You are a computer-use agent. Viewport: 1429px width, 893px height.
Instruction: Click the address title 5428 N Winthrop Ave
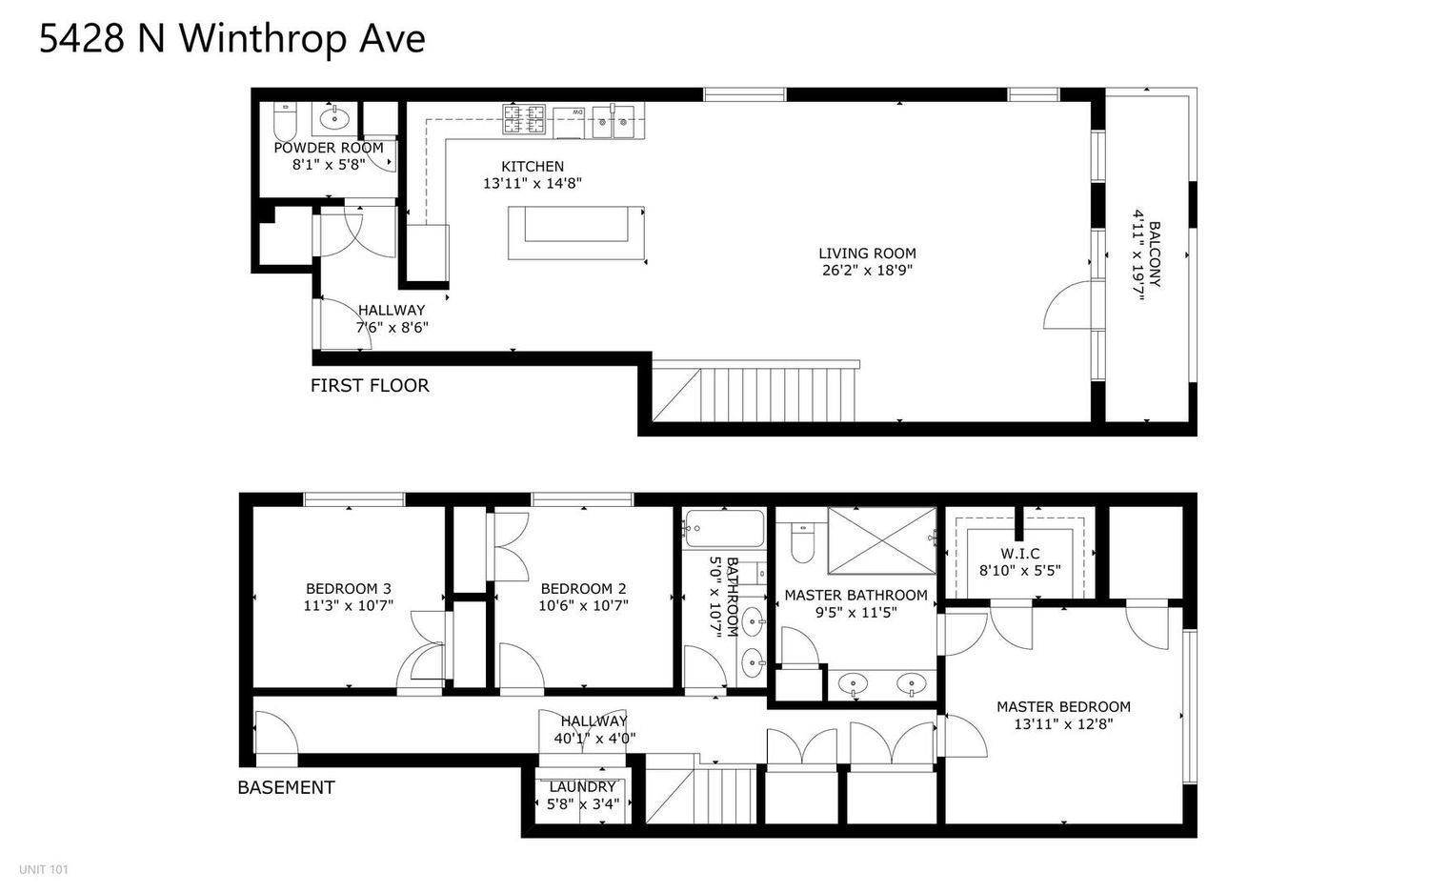tap(231, 39)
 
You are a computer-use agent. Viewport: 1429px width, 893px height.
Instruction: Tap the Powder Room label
tap(329, 148)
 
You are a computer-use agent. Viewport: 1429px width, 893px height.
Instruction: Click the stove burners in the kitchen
tap(525, 119)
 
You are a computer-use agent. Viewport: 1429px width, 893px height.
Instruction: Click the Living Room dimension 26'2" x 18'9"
tap(867, 270)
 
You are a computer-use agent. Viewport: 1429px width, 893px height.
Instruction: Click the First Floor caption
tap(370, 386)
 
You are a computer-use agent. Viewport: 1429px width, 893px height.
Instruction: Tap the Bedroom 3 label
tap(348, 588)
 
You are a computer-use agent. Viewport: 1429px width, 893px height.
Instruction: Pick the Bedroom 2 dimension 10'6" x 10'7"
tap(583, 605)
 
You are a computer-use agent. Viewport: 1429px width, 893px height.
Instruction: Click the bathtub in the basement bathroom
tap(724, 528)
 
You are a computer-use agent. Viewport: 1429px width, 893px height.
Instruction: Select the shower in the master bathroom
tap(881, 540)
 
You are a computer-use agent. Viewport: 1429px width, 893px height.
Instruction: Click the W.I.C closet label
tap(1020, 554)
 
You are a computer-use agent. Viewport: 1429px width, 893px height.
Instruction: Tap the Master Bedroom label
tap(1063, 706)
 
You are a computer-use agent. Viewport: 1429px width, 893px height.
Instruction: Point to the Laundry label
tap(582, 787)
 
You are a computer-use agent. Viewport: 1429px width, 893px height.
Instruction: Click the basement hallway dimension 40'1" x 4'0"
tap(594, 739)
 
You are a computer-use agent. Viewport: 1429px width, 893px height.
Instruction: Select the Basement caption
tap(286, 787)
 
